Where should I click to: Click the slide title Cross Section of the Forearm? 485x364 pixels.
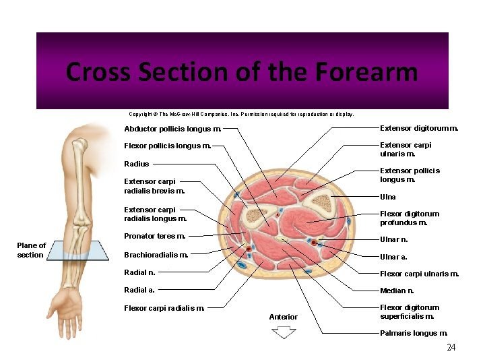click(242, 71)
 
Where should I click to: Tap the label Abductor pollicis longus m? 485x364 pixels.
click(172, 129)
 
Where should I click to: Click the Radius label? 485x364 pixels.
click(137, 164)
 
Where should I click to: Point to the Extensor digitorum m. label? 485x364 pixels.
click(419, 127)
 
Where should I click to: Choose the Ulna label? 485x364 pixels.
click(388, 197)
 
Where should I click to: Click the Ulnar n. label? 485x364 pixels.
click(394, 239)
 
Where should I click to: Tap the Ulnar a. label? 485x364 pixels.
click(393, 257)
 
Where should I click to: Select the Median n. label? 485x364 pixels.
click(397, 291)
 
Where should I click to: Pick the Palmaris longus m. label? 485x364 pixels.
click(414, 333)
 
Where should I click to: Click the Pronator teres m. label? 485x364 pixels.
click(155, 236)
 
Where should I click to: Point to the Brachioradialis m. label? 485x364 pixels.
click(156, 255)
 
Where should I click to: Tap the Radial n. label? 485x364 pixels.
click(139, 272)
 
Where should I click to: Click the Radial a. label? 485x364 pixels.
click(139, 290)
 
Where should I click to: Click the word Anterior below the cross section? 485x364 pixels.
click(283, 317)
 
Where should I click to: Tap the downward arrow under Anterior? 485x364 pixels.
click(284, 332)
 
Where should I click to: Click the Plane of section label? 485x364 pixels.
click(31, 250)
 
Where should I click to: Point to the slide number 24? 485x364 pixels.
click(451, 347)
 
